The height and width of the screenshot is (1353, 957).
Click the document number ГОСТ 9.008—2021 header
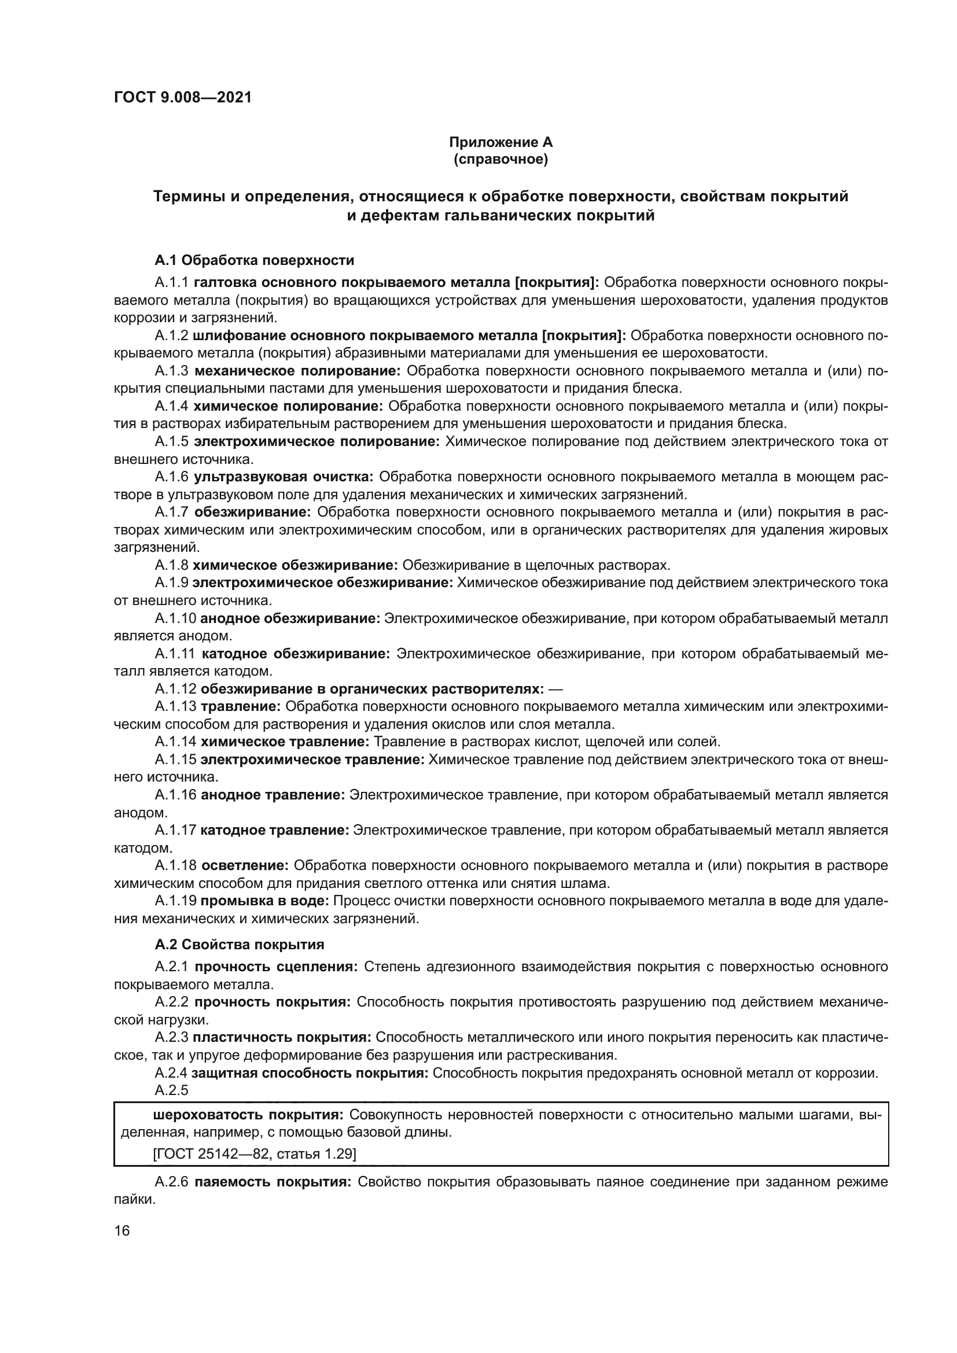tap(183, 97)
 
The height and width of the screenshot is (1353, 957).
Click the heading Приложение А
tap(500, 142)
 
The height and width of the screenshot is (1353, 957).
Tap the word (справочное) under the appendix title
tap(500, 160)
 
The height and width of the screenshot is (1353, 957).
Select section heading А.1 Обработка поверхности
tap(254, 260)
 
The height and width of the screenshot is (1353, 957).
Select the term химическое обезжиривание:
tap(295, 565)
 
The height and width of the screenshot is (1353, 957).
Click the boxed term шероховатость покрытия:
tap(248, 1115)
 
